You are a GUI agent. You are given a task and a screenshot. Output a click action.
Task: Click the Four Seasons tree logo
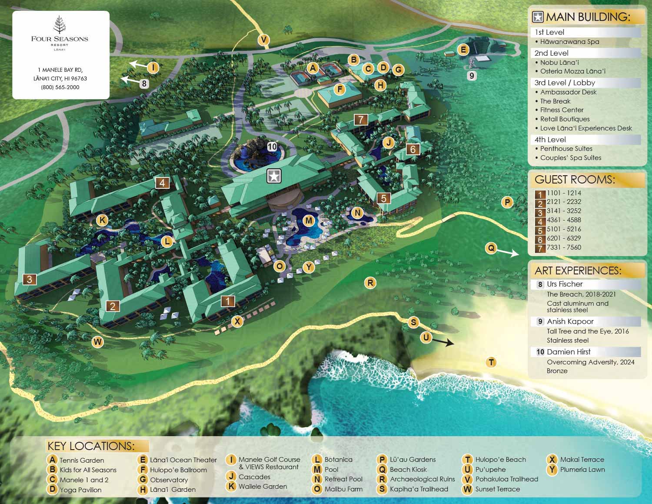click(x=60, y=25)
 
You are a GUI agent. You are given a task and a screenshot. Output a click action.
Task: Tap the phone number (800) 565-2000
click(x=60, y=87)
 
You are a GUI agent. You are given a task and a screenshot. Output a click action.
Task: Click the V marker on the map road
click(x=263, y=40)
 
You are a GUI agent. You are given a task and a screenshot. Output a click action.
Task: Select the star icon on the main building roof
click(x=274, y=176)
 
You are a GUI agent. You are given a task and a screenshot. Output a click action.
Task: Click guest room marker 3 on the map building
click(x=30, y=279)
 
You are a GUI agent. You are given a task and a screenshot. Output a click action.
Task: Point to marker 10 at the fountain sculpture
click(x=272, y=147)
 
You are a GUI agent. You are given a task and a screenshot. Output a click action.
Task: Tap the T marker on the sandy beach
click(x=491, y=362)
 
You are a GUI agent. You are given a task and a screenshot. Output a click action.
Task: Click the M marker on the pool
click(x=309, y=220)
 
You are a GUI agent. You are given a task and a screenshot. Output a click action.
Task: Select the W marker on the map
click(x=98, y=342)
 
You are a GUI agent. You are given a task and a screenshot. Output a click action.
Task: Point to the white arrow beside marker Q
click(x=508, y=252)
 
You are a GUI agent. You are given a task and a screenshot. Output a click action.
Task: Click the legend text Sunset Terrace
click(x=497, y=489)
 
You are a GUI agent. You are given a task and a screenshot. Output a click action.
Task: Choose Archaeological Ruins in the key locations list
click(x=422, y=479)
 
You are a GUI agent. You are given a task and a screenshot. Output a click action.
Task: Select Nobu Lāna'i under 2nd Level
click(x=559, y=62)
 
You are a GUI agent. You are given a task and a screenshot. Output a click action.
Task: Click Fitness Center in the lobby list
click(x=562, y=110)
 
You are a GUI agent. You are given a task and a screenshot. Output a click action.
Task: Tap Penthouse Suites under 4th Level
click(x=566, y=149)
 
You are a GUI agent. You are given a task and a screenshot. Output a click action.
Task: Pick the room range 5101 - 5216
click(x=564, y=229)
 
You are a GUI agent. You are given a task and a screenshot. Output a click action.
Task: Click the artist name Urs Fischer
click(x=565, y=284)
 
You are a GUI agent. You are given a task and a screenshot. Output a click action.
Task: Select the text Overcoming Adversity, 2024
click(x=590, y=362)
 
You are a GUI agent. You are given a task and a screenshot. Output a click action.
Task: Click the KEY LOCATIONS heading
click(x=91, y=446)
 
